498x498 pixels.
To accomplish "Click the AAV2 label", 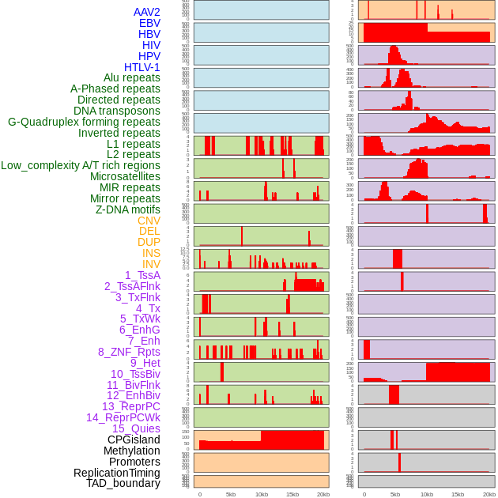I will click(x=146, y=12).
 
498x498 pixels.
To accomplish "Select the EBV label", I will click(x=149, y=23).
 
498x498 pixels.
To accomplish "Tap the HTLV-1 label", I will click(x=141, y=67).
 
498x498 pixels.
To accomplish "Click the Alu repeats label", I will click(x=131, y=77).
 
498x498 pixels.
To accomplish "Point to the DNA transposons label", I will click(x=117, y=111).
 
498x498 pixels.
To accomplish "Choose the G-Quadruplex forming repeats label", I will click(x=84, y=122).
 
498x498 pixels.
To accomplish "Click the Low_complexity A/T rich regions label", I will click(x=81, y=165).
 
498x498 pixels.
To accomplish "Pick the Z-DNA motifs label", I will click(x=128, y=209).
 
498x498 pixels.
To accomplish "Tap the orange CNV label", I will click(x=149, y=221).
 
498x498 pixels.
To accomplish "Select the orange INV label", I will click(x=151, y=264).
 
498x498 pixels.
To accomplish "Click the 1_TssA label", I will click(x=142, y=275).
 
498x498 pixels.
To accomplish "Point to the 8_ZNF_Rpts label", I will click(x=129, y=352).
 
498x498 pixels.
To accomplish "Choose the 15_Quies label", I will click(x=136, y=428).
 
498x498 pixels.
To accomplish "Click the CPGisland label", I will click(x=134, y=440).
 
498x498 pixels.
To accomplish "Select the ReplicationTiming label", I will click(x=117, y=473).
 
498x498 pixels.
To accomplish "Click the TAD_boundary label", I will click(x=123, y=483).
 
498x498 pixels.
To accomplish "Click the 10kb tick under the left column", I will click(x=262, y=494).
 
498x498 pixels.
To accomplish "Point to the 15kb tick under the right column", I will click(x=458, y=494).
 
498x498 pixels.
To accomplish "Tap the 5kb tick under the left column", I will click(x=231, y=494).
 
